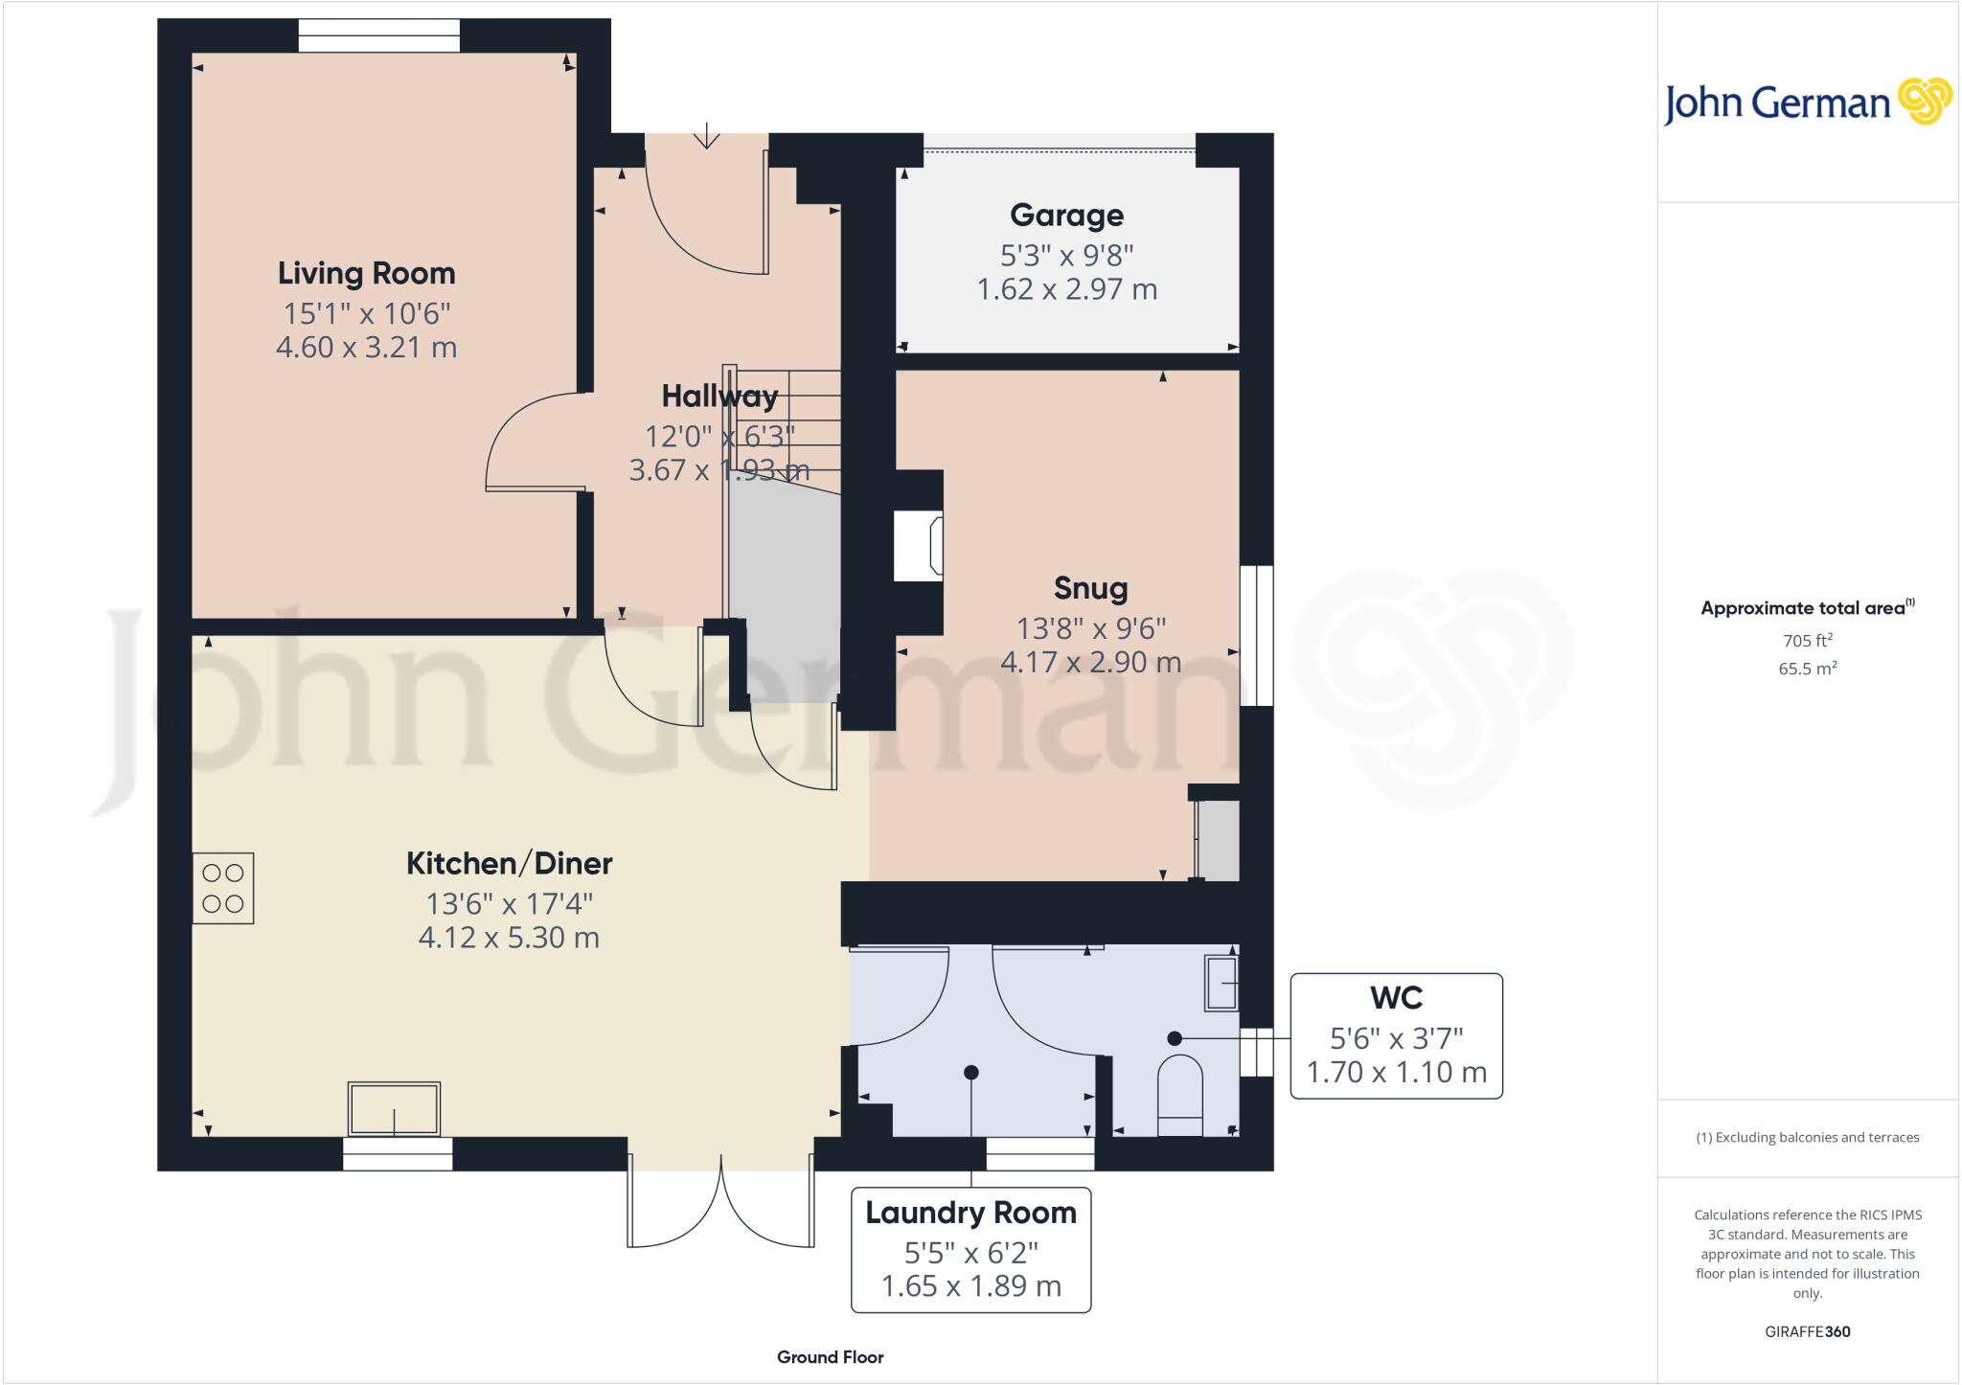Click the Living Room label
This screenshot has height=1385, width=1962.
click(366, 274)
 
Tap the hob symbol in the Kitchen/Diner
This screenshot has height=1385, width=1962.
click(222, 888)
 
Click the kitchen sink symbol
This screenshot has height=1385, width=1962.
click(395, 1109)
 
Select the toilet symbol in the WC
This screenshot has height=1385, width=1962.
click(1180, 1096)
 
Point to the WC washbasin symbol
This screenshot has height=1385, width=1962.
click(1221, 983)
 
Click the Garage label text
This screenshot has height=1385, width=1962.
click(1066, 216)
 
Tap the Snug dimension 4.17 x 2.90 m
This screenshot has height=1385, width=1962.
click(1090, 662)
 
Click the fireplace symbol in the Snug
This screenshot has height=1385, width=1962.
click(918, 546)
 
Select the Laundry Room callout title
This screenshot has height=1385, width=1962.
click(970, 1213)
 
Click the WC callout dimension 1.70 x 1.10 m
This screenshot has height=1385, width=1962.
click(1396, 1072)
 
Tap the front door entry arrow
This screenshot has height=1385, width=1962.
click(707, 136)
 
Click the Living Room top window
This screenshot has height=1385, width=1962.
click(378, 35)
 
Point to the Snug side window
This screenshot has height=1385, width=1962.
click(1256, 636)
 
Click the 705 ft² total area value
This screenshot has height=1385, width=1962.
click(1807, 641)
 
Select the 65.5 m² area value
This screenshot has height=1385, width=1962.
click(1807, 669)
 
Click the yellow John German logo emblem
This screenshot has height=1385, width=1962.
click(1925, 102)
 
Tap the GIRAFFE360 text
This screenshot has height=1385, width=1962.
click(1807, 1331)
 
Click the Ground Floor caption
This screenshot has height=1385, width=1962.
click(830, 1357)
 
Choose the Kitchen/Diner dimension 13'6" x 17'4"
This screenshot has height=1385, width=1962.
click(509, 903)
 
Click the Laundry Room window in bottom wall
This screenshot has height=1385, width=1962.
click(1039, 1154)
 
